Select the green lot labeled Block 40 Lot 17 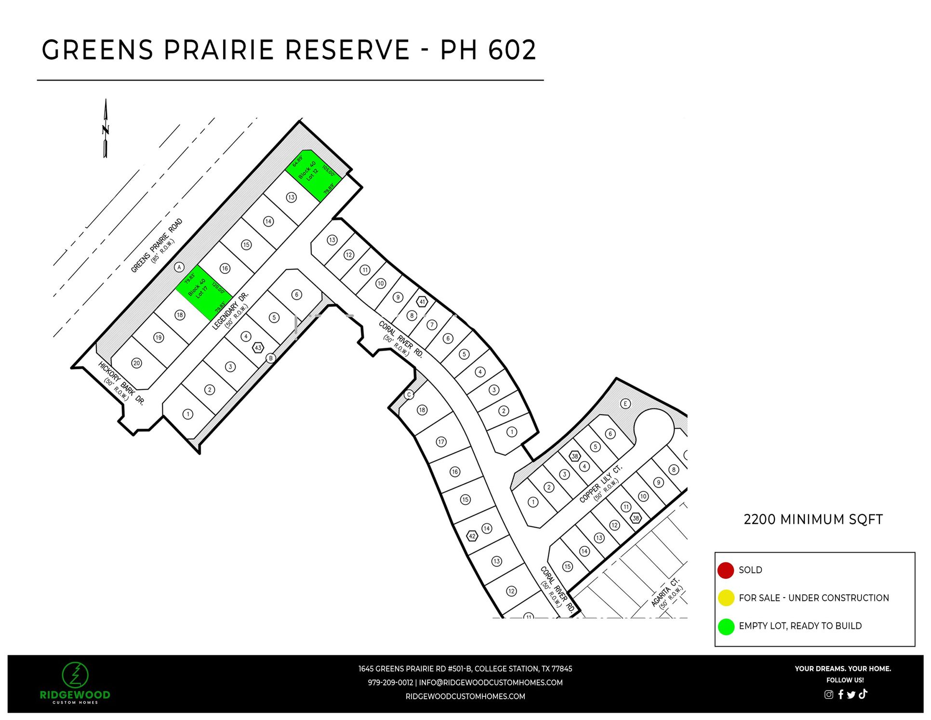(x=203, y=292)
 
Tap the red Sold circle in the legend (x=725, y=570)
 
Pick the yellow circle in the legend (x=725, y=598)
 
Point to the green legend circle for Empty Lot (x=726, y=626)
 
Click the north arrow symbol (x=106, y=129)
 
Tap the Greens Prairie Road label (x=157, y=245)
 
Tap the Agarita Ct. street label (x=665, y=593)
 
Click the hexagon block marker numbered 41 (x=422, y=302)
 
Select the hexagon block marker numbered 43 (x=258, y=347)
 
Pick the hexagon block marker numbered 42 (x=472, y=536)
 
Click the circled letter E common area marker (x=625, y=404)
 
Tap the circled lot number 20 (x=137, y=363)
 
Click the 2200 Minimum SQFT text (x=813, y=519)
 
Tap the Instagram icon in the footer (x=828, y=694)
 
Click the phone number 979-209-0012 (x=390, y=682)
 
